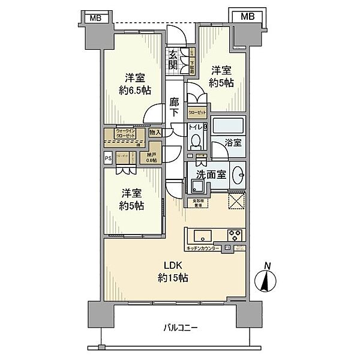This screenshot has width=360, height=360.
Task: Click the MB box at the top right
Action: (247, 16)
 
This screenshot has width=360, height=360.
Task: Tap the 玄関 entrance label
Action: (173, 59)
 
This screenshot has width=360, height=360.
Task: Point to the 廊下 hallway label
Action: (174, 107)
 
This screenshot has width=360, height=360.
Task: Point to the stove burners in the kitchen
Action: (234, 234)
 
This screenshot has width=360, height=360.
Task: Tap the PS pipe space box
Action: (108, 158)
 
